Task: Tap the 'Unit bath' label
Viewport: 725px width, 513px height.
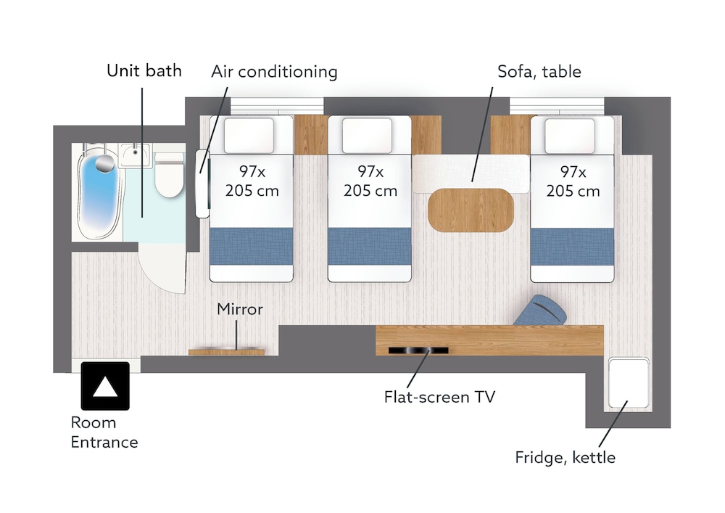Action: [x=144, y=71]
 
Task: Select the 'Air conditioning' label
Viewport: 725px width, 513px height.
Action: [x=274, y=72]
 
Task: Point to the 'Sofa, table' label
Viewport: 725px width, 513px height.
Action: [x=539, y=72]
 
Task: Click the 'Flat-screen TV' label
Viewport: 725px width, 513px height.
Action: [x=439, y=397]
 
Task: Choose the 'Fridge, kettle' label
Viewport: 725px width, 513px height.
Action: [x=565, y=457]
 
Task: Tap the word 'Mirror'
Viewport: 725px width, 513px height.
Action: [x=240, y=309]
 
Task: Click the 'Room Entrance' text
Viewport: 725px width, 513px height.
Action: [x=104, y=432]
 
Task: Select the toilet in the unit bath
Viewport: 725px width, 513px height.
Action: [x=169, y=174]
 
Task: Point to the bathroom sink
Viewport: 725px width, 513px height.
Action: [x=135, y=155]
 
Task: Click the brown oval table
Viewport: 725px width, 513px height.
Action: [x=471, y=210]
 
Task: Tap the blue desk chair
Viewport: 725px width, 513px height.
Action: [x=541, y=311]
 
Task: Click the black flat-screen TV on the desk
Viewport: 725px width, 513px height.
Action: [x=418, y=350]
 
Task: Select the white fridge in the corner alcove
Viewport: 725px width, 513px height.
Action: [x=629, y=382]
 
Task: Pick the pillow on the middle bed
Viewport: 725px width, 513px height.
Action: [x=367, y=136]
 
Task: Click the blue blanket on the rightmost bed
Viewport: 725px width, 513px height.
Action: [x=572, y=247]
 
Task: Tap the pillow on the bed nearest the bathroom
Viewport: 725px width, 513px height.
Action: [x=249, y=136]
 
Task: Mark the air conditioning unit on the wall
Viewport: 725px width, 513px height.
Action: [x=202, y=184]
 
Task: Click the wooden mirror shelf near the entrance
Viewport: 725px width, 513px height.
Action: [x=226, y=352]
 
